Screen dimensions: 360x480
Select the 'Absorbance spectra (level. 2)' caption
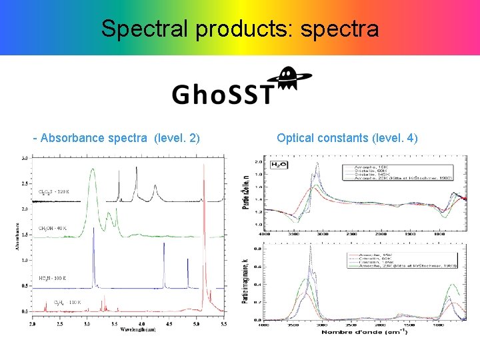tap(117, 138)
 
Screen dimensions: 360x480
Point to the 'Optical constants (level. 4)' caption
tap(347, 138)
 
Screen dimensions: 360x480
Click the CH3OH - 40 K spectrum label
tap(53, 229)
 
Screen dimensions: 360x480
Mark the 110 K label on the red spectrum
tap(75, 302)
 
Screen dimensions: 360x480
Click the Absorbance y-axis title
tap(19, 235)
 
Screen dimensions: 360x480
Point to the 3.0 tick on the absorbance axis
tap(25, 159)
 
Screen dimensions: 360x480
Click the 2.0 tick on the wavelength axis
tap(33, 323)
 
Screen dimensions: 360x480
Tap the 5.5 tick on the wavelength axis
tap(223, 323)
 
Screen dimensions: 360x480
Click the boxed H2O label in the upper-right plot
tap(278, 164)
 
